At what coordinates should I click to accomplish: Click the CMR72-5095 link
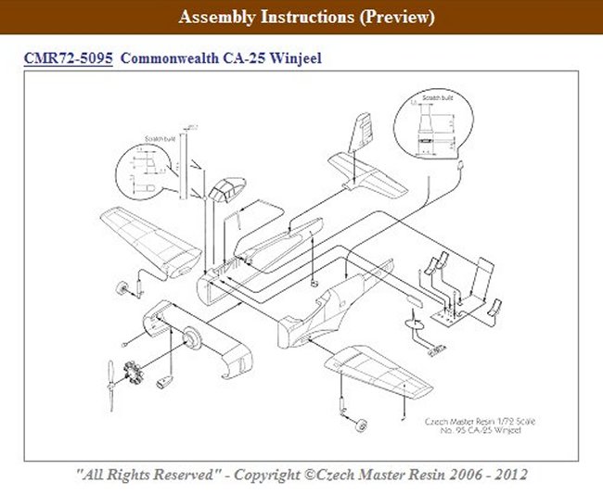(69, 58)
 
